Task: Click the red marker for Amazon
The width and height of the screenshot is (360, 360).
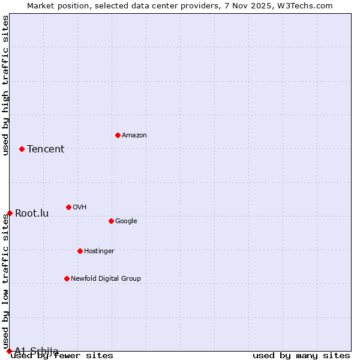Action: pos(118,135)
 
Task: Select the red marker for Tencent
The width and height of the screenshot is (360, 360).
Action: pos(22,149)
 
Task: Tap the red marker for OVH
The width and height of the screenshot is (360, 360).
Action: pos(68,207)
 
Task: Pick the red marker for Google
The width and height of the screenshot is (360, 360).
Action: pos(111,221)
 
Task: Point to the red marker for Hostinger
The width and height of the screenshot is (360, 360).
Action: pos(80,251)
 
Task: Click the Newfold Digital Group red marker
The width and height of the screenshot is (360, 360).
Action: pos(67,278)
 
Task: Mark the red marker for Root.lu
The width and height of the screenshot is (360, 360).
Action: pos(10,213)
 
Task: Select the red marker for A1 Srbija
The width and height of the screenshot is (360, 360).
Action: pos(9,351)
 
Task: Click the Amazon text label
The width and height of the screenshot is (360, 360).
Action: pos(134,136)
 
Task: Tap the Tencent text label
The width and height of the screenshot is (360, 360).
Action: pos(46,149)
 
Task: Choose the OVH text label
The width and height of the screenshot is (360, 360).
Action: pos(79,208)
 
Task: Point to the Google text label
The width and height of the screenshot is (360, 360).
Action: pos(126,221)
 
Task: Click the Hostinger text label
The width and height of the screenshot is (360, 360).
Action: pos(99,251)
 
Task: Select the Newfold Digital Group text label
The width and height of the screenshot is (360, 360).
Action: pos(106,279)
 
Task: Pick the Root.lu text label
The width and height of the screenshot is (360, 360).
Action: pos(32,214)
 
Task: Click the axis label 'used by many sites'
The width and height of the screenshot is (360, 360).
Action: pos(301,356)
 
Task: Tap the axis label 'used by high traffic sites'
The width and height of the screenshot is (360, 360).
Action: pos(6,85)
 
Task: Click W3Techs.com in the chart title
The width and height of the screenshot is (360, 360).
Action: pos(303,6)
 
